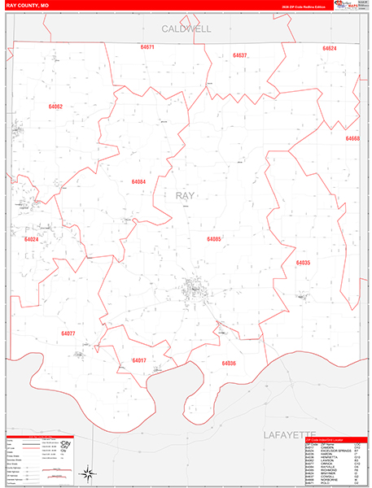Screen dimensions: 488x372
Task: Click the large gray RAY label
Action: point(185,195)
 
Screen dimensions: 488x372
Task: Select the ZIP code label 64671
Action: point(147,47)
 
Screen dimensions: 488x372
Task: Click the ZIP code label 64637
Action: point(239,55)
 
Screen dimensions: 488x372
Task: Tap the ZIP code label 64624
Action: point(329,49)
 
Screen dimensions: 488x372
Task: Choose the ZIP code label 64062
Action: point(55,107)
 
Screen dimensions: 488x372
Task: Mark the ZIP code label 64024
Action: point(32,240)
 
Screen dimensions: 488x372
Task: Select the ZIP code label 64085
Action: point(213,239)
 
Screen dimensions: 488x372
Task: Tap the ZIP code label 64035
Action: point(303,263)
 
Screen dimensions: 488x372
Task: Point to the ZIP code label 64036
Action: point(229,363)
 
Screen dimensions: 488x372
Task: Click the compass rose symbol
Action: point(85,473)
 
